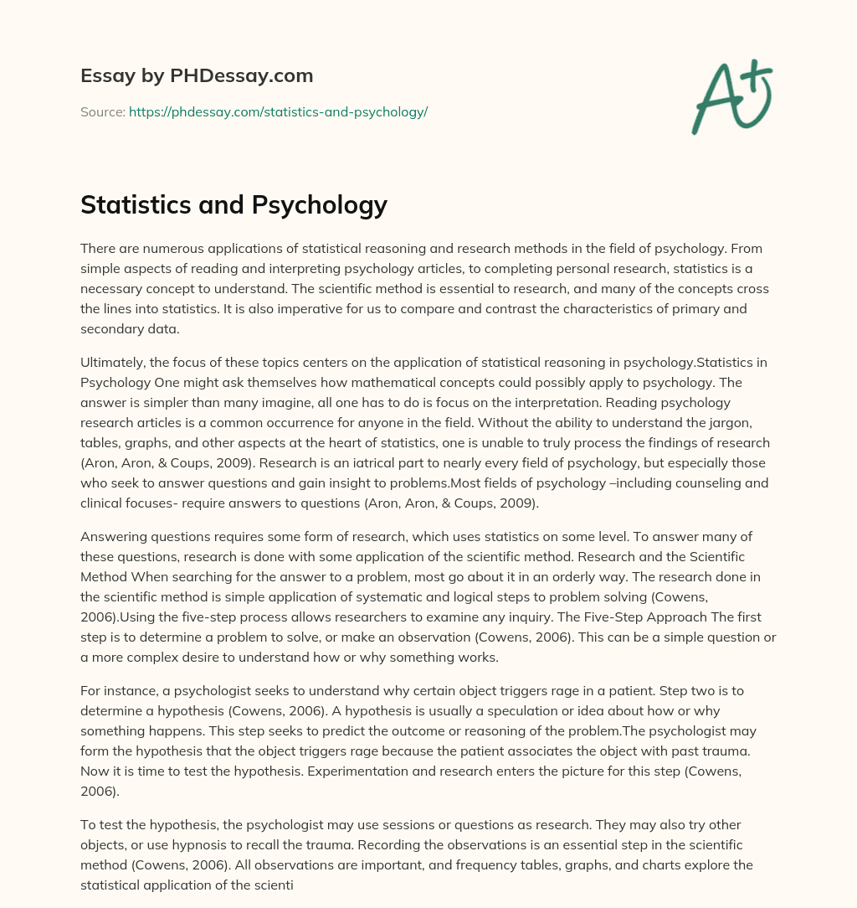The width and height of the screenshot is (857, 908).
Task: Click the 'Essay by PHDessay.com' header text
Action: click(197, 75)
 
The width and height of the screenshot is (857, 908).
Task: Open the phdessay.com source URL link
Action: click(278, 111)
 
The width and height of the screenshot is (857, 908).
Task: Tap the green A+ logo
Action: click(731, 96)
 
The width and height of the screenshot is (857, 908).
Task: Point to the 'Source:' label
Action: click(102, 111)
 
